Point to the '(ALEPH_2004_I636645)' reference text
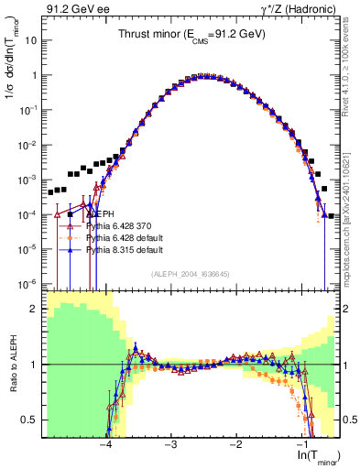tap(191, 272)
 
